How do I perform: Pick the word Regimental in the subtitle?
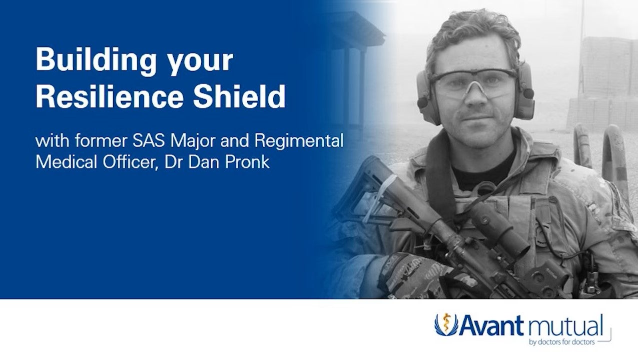coord(299,141)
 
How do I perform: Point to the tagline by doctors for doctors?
coord(562,343)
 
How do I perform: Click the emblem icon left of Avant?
coord(445,325)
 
